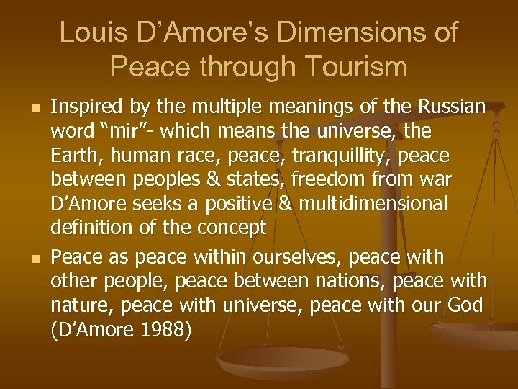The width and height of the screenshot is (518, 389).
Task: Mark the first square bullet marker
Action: tap(28, 109)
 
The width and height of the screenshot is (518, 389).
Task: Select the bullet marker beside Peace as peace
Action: tap(28, 256)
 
